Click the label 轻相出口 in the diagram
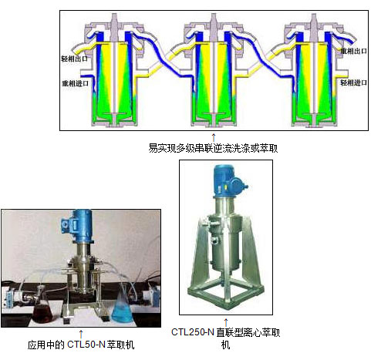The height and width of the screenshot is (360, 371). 75,59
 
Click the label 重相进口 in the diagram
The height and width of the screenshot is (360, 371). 76,83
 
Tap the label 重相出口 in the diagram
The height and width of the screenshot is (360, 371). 354,51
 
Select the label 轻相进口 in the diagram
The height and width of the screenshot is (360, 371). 354,82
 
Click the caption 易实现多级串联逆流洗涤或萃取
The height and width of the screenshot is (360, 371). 213,148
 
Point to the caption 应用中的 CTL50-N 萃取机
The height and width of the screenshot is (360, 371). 81,345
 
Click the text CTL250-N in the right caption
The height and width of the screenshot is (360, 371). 193,332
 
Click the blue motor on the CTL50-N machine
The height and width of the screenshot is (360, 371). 78,225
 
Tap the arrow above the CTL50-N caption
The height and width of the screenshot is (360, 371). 81,334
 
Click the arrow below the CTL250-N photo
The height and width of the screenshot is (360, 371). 226,322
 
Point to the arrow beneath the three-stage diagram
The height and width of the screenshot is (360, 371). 214,137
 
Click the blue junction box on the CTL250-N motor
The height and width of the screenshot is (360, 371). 238,184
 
